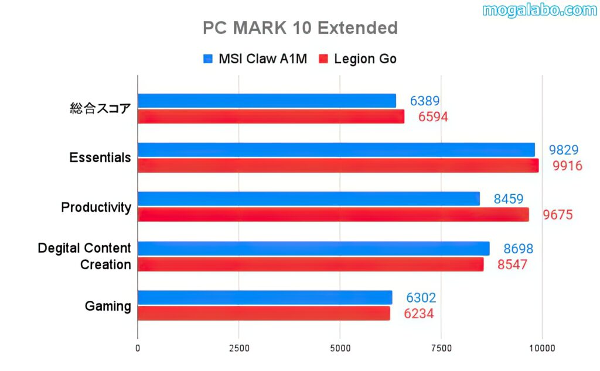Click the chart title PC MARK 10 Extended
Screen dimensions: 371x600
[x=300, y=28]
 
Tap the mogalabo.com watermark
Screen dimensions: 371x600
[x=540, y=10]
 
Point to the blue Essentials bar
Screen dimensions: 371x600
[x=336, y=150]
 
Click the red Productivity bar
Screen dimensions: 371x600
[x=333, y=215]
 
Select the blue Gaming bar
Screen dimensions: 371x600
[x=265, y=298]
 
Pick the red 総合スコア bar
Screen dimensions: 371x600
[x=271, y=116]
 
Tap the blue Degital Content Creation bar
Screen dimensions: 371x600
[x=313, y=249]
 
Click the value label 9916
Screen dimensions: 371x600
[x=567, y=166]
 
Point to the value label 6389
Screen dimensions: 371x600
[x=424, y=101]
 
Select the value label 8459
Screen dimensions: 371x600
[x=508, y=199]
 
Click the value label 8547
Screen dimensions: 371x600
[x=512, y=264]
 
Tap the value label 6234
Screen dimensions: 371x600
[x=418, y=314]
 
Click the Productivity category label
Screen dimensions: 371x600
[x=96, y=207]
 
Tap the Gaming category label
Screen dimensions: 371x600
[x=108, y=305]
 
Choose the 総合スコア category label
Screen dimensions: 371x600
[x=100, y=108]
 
